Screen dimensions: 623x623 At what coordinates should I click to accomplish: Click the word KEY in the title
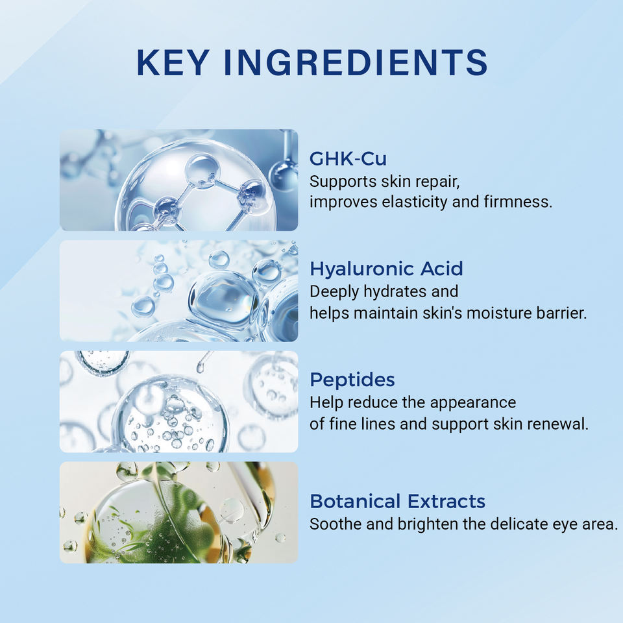point(173,62)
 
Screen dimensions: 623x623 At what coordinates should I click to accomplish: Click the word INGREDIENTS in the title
point(356,62)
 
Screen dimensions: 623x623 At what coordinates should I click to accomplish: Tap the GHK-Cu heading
point(348,158)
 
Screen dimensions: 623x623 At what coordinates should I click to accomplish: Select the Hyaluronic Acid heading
point(386,269)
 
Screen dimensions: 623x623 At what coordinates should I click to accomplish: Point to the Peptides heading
point(352,380)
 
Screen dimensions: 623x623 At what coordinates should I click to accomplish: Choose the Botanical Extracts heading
point(397,502)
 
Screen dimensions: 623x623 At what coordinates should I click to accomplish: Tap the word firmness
point(518,201)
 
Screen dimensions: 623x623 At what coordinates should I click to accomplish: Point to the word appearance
point(473,403)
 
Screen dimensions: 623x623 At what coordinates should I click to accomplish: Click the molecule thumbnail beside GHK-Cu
point(179,180)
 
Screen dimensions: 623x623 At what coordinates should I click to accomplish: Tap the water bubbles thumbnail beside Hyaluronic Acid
point(179,291)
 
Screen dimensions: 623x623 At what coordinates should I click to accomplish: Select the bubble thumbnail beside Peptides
point(179,402)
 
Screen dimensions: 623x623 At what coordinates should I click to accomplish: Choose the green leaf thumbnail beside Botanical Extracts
point(179,513)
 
